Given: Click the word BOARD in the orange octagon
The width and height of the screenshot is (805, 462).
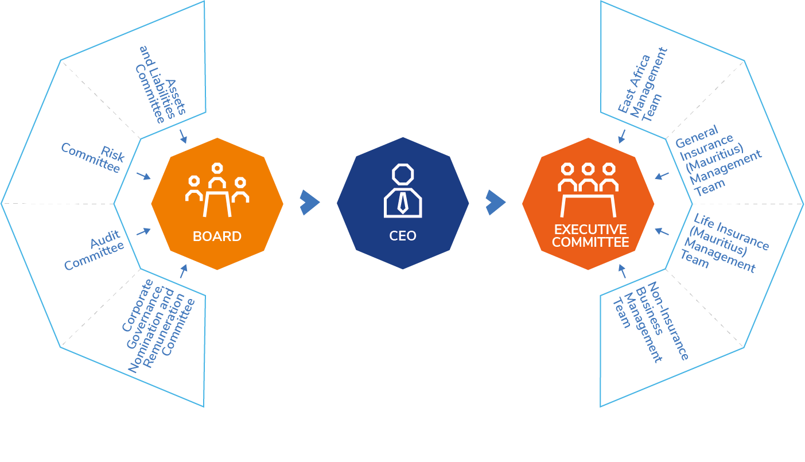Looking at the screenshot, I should [217, 236].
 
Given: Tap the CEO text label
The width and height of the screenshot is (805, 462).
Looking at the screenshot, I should [403, 236].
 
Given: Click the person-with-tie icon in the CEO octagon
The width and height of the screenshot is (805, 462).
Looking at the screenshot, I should [403, 191].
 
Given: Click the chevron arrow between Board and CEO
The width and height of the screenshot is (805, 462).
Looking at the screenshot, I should [309, 203].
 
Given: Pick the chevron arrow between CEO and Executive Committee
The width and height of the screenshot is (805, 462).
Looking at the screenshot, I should [495, 203].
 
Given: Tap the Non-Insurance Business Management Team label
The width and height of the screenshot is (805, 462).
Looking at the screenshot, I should [651, 321].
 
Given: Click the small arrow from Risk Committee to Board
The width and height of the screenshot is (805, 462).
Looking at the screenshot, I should [143, 176].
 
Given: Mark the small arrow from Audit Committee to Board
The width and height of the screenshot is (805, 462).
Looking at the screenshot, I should [143, 231].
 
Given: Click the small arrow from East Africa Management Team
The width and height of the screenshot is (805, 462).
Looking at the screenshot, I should [621, 136].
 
